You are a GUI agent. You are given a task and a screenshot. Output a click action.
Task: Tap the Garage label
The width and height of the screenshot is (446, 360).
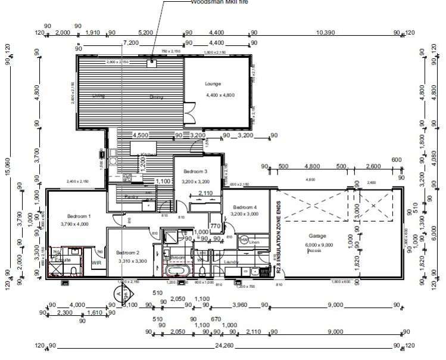318,236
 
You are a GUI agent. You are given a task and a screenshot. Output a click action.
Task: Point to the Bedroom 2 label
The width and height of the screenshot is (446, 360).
127,252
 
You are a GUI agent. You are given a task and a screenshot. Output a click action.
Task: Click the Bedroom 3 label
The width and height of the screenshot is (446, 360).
195,171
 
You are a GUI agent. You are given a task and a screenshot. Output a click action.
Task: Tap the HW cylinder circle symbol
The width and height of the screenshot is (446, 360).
244,240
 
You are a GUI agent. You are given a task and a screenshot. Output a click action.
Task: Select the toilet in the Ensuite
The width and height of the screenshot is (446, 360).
73,271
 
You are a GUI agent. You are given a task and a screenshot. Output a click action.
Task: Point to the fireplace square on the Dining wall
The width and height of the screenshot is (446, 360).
153,61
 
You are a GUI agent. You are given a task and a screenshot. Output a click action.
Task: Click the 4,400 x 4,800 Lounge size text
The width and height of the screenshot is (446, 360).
220,95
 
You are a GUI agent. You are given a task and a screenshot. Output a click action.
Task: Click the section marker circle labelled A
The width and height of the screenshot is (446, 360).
118,293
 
